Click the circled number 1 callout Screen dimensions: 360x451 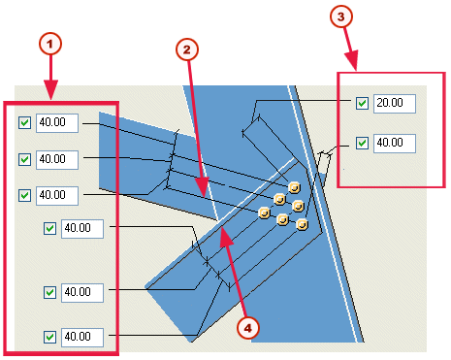click(51, 43)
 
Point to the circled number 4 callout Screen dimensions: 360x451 click(249, 328)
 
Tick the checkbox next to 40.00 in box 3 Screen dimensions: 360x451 click(362, 143)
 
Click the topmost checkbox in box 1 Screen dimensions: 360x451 click(24, 123)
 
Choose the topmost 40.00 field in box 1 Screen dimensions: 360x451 click(56, 123)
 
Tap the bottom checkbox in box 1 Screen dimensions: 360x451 click(50, 337)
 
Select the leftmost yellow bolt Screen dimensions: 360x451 click(262, 211)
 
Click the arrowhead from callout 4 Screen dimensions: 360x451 click(221, 229)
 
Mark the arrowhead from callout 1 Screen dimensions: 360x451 click(52, 98)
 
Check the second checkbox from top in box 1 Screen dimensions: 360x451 click(24, 158)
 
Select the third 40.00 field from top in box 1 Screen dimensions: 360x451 click(56, 194)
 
